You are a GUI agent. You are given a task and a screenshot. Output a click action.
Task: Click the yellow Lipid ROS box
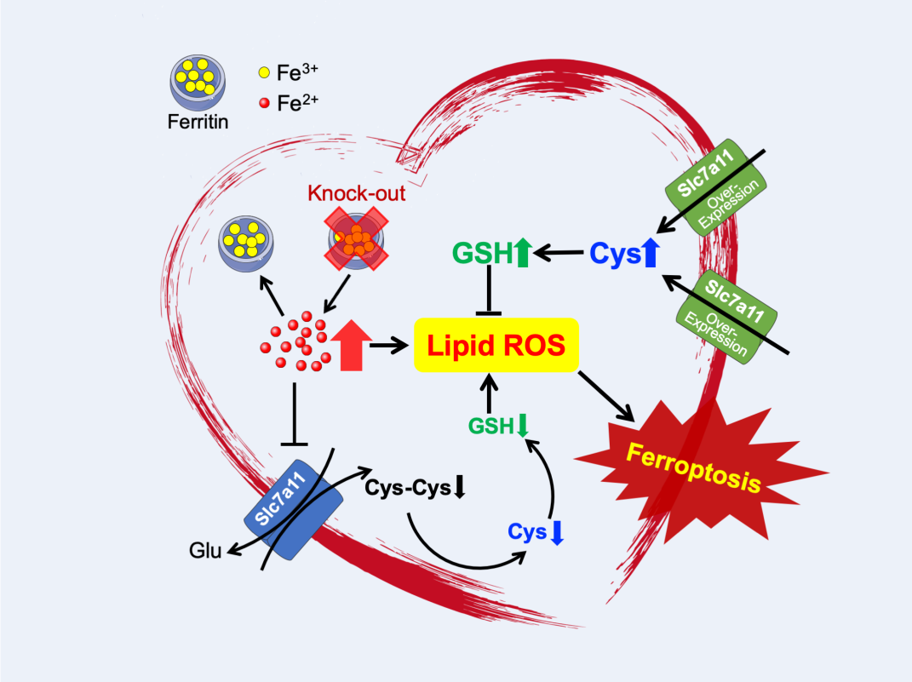point(496,345)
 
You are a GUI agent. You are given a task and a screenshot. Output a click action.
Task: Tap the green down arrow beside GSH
point(521,423)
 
